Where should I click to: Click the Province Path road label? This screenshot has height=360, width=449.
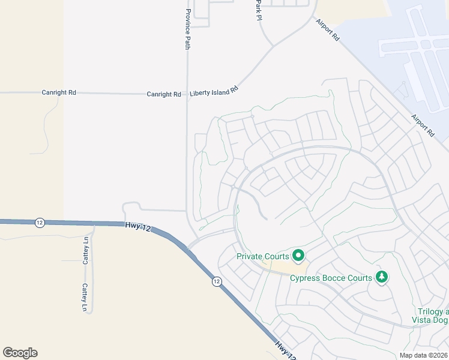[188, 29]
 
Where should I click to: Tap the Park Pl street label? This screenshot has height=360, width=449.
[259, 9]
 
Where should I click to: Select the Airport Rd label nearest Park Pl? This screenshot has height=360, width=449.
[328, 29]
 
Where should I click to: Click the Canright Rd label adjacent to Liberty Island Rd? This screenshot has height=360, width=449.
[164, 94]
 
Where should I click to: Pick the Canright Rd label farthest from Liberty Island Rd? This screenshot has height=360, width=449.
[59, 93]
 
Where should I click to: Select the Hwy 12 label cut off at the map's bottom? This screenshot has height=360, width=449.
[286, 350]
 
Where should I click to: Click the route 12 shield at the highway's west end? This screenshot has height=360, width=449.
[40, 222]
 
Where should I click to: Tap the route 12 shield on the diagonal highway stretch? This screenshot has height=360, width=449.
[217, 281]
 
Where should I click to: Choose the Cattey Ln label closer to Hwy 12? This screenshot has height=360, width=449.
[86, 251]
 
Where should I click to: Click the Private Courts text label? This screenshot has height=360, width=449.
[263, 256]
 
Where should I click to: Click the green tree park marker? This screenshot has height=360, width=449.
[381, 277]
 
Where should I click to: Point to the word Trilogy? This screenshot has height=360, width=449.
[429, 312]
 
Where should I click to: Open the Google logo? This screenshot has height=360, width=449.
[20, 353]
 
